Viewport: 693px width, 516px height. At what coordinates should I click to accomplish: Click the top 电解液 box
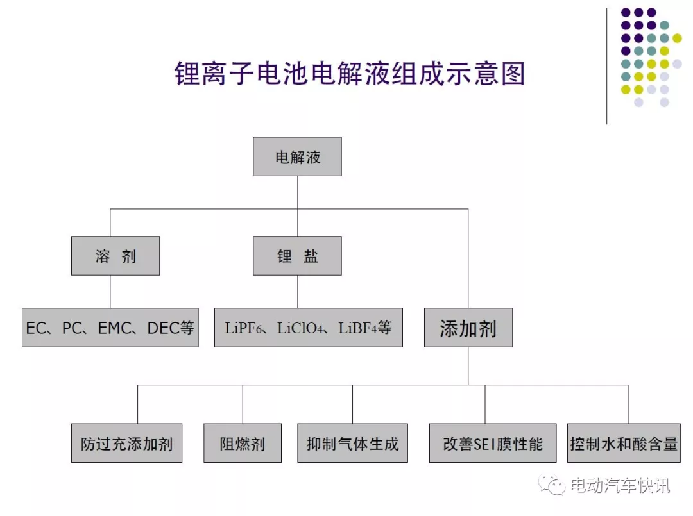[297, 156]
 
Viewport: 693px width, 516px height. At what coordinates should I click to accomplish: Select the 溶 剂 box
[116, 256]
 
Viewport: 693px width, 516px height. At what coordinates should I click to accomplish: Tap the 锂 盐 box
[297, 256]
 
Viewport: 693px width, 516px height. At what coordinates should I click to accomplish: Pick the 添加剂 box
[468, 328]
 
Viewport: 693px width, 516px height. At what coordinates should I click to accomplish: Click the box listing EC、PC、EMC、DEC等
[110, 328]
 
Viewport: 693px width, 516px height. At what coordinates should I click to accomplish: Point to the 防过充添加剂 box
[126, 443]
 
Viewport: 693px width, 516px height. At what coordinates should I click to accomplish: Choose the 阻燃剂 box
[242, 443]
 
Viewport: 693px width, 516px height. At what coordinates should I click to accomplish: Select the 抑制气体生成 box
[352, 443]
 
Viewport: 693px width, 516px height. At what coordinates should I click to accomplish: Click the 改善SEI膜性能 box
[493, 443]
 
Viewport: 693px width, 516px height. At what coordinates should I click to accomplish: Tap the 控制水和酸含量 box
[624, 443]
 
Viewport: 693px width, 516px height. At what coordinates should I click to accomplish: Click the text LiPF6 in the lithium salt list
[243, 328]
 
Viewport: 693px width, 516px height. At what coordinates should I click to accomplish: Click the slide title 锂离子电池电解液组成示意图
[350, 73]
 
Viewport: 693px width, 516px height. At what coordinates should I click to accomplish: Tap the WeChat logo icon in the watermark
[551, 485]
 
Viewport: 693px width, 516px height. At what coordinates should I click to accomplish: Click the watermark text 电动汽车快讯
[620, 485]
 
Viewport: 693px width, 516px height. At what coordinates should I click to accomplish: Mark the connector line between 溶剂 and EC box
[110, 292]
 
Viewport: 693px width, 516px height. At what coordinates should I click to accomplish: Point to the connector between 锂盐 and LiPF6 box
[298, 292]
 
